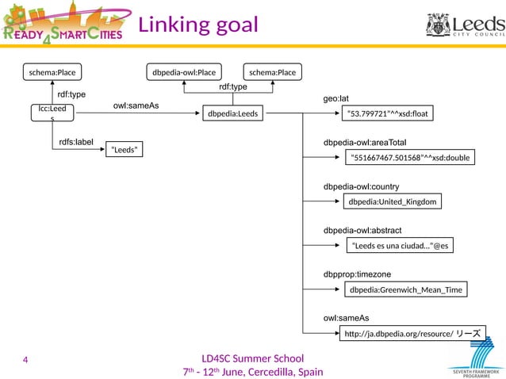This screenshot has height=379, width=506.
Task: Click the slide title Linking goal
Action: click(x=198, y=25)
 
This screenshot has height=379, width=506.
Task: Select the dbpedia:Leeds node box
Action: click(x=232, y=114)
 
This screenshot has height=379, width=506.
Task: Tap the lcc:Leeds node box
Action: click(x=52, y=113)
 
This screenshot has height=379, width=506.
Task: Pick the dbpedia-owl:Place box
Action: click(x=183, y=72)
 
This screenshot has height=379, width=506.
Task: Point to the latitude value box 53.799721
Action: click(x=388, y=114)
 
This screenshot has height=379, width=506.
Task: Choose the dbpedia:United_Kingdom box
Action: click(x=392, y=201)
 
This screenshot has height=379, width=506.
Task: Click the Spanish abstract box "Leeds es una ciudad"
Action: click(x=401, y=246)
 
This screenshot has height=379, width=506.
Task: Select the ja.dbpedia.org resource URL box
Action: click(x=412, y=334)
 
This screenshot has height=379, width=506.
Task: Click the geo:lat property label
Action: click(x=336, y=98)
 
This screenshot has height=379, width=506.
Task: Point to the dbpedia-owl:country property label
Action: click(x=361, y=186)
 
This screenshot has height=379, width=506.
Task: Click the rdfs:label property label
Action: click(x=77, y=142)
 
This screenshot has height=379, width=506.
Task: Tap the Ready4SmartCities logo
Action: click(x=63, y=24)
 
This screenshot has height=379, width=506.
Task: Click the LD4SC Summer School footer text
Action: click(x=252, y=358)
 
